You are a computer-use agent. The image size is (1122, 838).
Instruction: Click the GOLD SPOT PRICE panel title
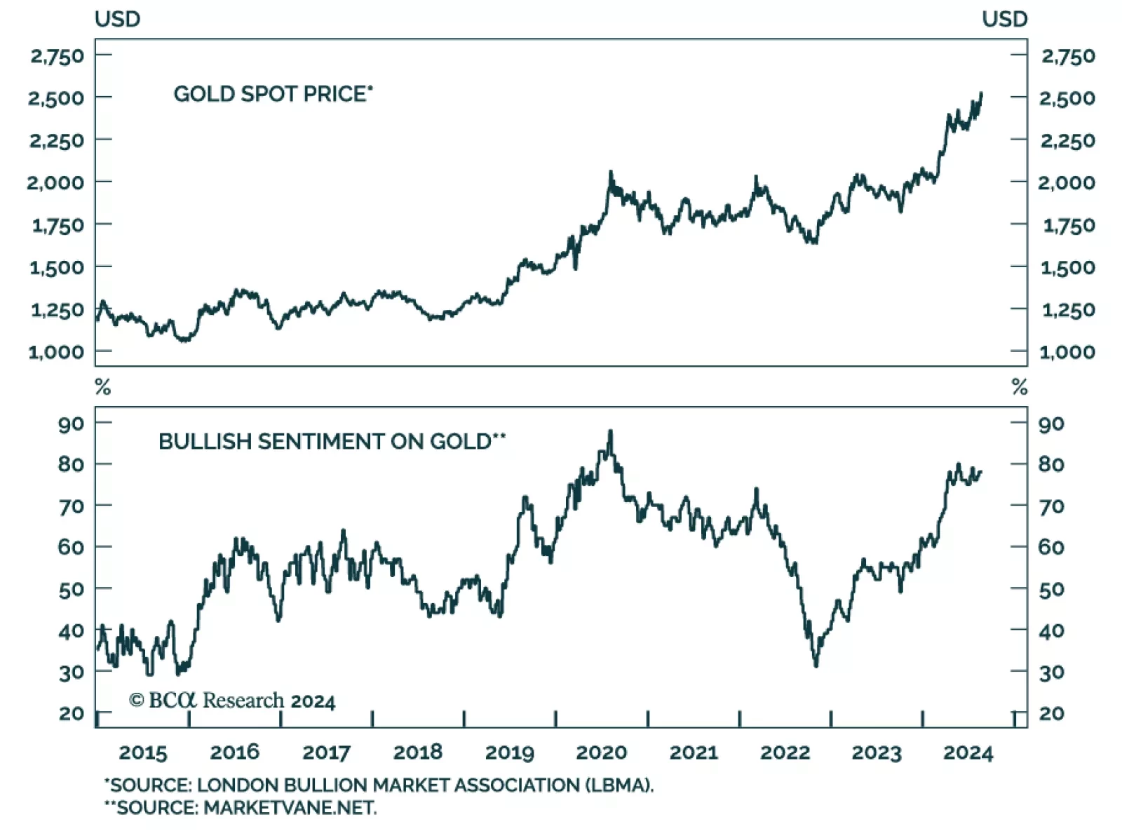click(273, 94)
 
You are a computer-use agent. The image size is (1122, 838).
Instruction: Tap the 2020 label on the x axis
click(601, 752)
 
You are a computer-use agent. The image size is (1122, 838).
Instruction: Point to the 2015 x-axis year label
click(143, 752)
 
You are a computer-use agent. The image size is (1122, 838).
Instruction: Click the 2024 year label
click(968, 752)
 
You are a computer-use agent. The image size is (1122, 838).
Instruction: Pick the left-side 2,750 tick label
click(57, 56)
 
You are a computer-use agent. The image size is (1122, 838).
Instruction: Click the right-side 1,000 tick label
click(1067, 352)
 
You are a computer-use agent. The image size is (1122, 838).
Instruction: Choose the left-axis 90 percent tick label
click(71, 424)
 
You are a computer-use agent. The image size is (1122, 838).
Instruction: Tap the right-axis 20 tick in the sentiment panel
click(1051, 713)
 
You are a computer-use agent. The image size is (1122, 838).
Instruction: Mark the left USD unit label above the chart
click(118, 19)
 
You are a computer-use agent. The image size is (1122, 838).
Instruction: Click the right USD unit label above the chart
click(1004, 19)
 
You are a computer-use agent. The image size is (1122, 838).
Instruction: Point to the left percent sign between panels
click(103, 387)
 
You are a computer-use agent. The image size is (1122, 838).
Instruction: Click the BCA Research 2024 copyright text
click(232, 701)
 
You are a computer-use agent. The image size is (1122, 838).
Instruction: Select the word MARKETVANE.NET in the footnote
click(290, 808)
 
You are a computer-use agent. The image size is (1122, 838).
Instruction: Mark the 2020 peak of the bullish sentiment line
click(610, 432)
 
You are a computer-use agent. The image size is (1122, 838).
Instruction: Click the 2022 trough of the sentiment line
click(816, 665)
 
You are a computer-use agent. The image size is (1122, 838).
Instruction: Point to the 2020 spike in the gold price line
click(610, 172)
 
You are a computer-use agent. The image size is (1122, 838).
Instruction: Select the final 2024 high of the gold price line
click(981, 93)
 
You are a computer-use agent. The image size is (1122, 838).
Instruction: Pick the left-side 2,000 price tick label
click(55, 182)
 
